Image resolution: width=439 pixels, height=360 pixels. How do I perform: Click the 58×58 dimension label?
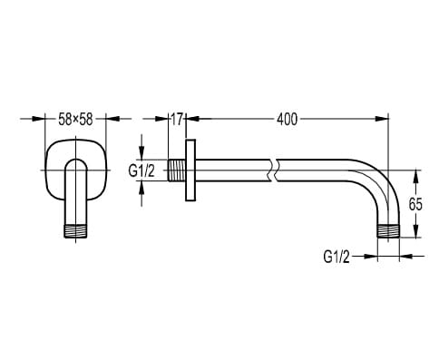[75, 120]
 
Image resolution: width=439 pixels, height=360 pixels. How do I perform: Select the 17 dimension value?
[177, 120]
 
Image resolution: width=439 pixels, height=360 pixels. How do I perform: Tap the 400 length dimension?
[287, 120]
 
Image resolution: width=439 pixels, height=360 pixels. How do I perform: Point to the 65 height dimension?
[415, 204]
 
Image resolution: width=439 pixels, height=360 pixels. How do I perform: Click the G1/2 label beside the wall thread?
[141, 171]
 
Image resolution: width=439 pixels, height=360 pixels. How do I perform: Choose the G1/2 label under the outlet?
[337, 257]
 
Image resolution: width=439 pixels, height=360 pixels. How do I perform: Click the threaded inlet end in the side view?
[176, 170]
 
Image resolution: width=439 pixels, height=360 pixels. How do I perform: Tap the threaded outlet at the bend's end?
[388, 231]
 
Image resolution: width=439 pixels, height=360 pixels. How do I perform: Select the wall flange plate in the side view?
[190, 170]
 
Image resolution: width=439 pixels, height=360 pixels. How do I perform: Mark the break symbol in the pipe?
[272, 170]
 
